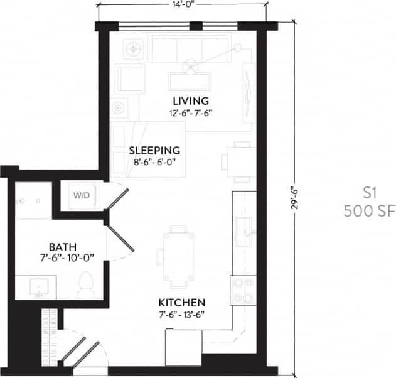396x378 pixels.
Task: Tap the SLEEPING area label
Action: (154, 151)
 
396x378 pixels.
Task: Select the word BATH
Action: (63, 246)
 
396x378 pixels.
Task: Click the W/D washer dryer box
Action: (82, 195)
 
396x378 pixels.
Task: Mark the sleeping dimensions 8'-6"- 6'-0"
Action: (154, 163)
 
